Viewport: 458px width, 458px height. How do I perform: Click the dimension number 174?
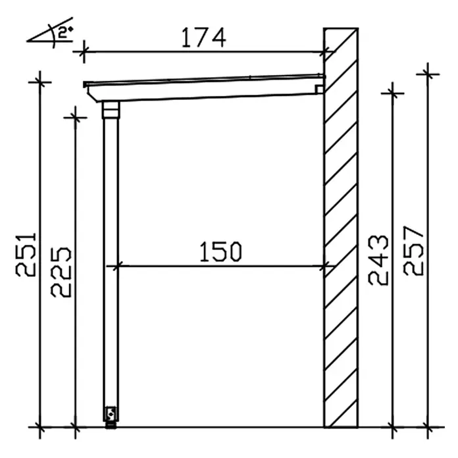(203, 38)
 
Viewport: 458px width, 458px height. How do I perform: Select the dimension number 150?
(221, 251)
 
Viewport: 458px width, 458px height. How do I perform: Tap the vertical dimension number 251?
(26, 254)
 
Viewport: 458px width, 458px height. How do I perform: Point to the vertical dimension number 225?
(61, 272)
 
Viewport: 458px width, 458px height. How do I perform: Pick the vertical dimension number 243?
(378, 260)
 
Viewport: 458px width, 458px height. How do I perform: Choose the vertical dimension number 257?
(413, 251)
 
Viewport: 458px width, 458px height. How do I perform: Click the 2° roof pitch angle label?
(65, 32)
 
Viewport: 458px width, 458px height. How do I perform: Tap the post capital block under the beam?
(111, 109)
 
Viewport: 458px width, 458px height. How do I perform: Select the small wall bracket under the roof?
(319, 89)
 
